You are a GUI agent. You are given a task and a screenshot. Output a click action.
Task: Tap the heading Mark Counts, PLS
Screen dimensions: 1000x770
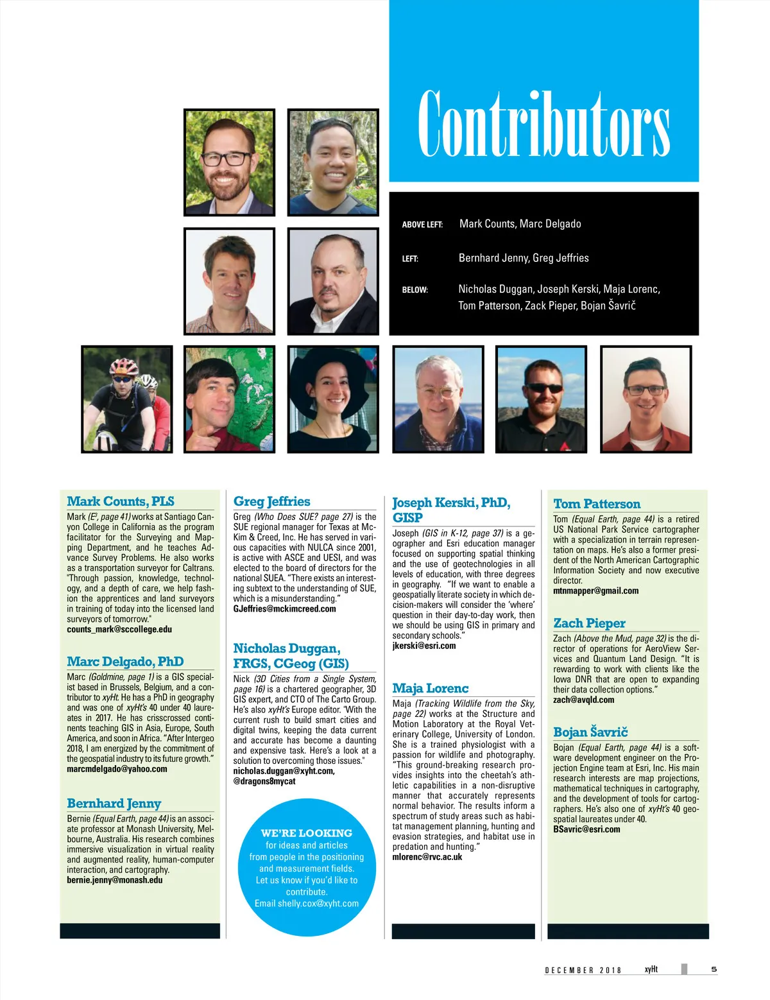pos(121,501)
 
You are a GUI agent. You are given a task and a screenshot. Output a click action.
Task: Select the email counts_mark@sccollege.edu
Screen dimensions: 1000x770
pos(119,630)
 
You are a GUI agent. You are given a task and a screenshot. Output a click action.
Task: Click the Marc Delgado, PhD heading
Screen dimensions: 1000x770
pos(125,662)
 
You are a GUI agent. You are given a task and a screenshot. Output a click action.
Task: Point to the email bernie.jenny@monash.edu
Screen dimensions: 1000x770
pos(115,880)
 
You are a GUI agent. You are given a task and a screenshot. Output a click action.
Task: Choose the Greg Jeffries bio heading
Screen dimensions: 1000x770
pos(271,501)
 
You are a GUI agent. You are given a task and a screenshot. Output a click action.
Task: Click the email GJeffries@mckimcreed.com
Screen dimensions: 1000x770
pos(284,609)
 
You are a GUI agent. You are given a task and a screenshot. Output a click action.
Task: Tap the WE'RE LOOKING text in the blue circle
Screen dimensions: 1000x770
pos(306,833)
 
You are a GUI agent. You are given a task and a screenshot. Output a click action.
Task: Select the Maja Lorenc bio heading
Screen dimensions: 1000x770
pos(430,688)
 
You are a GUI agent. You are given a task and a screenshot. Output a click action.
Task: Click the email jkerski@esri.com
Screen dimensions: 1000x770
pos(424,646)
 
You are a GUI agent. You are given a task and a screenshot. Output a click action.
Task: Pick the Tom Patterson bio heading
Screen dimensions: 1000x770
pos(597,504)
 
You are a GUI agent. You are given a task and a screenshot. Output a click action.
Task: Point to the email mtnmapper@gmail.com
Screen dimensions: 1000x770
pos(595,591)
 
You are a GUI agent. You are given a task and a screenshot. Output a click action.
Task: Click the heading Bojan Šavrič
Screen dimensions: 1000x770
pos(590,732)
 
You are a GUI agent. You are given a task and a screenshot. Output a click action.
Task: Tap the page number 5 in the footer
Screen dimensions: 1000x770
pos(714,969)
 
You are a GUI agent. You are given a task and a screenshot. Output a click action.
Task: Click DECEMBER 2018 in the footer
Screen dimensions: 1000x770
pos(583,970)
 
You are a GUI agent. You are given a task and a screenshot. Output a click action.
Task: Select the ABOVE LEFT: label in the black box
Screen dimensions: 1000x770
pos(422,225)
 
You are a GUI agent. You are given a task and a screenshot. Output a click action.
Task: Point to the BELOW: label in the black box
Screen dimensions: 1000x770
pos(415,290)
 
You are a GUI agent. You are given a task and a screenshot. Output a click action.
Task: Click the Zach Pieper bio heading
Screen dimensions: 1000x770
pos(589,623)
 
